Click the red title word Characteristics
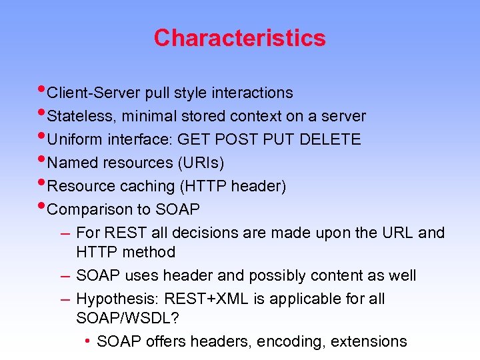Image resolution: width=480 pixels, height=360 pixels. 239,38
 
